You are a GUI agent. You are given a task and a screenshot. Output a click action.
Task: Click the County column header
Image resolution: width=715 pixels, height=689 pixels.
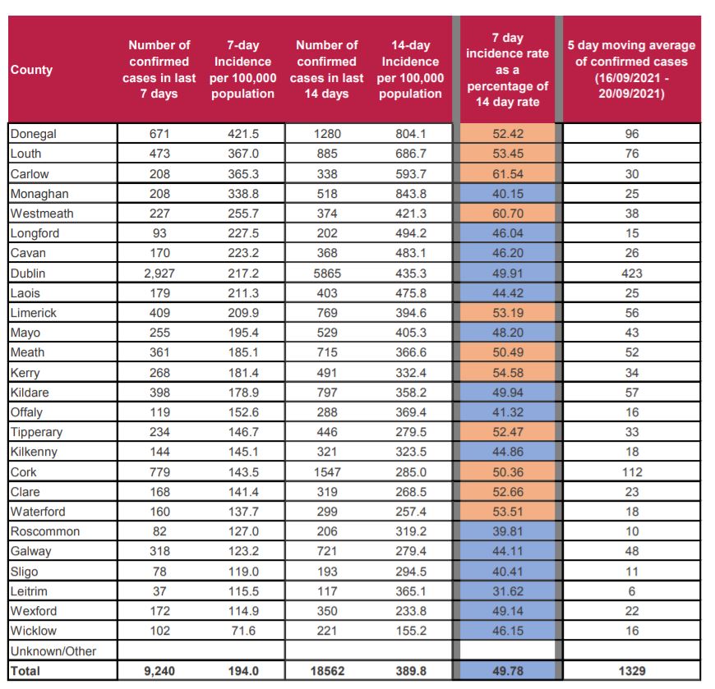click(31, 70)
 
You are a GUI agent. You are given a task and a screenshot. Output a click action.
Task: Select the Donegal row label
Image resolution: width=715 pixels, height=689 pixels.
click(34, 134)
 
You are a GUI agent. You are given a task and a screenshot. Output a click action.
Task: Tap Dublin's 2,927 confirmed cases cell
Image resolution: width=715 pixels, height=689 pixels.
click(159, 273)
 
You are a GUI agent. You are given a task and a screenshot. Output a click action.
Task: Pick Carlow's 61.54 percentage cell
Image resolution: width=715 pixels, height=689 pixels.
click(508, 173)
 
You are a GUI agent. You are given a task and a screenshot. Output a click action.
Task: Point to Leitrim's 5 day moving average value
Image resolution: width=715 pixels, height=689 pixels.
click(631, 591)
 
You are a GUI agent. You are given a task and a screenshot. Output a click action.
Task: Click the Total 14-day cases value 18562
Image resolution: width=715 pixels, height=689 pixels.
click(327, 671)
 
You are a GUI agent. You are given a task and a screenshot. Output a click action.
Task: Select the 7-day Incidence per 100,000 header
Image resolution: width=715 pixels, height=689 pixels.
click(242, 70)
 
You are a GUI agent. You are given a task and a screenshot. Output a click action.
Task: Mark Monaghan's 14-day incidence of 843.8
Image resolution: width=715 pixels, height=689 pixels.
click(410, 194)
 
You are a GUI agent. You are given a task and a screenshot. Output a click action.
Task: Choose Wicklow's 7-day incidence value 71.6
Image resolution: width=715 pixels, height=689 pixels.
click(243, 631)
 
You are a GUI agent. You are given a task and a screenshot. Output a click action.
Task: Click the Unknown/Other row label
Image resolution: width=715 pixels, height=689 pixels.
click(53, 651)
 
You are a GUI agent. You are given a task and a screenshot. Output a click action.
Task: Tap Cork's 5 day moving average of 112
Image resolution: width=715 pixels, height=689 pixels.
click(631, 472)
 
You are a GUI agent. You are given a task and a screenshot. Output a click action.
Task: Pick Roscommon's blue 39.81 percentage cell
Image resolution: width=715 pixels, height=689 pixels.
click(508, 531)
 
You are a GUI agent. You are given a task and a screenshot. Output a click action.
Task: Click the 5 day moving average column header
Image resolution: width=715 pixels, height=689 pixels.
click(631, 70)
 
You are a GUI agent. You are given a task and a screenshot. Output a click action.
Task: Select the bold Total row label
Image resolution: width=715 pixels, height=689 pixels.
click(25, 671)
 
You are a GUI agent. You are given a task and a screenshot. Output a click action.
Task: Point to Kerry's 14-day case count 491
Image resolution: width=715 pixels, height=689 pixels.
click(327, 373)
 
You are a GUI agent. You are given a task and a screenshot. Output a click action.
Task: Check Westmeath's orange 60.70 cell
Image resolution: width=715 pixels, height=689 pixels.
click(508, 214)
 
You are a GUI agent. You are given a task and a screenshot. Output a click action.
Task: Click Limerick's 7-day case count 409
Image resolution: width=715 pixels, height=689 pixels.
click(159, 313)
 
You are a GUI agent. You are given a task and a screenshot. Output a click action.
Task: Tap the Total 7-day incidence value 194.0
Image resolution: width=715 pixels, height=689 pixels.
click(243, 671)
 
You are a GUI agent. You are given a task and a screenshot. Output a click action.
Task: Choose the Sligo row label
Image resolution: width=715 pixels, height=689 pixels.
click(24, 572)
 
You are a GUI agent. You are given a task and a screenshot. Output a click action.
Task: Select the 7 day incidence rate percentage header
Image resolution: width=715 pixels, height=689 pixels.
click(508, 70)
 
